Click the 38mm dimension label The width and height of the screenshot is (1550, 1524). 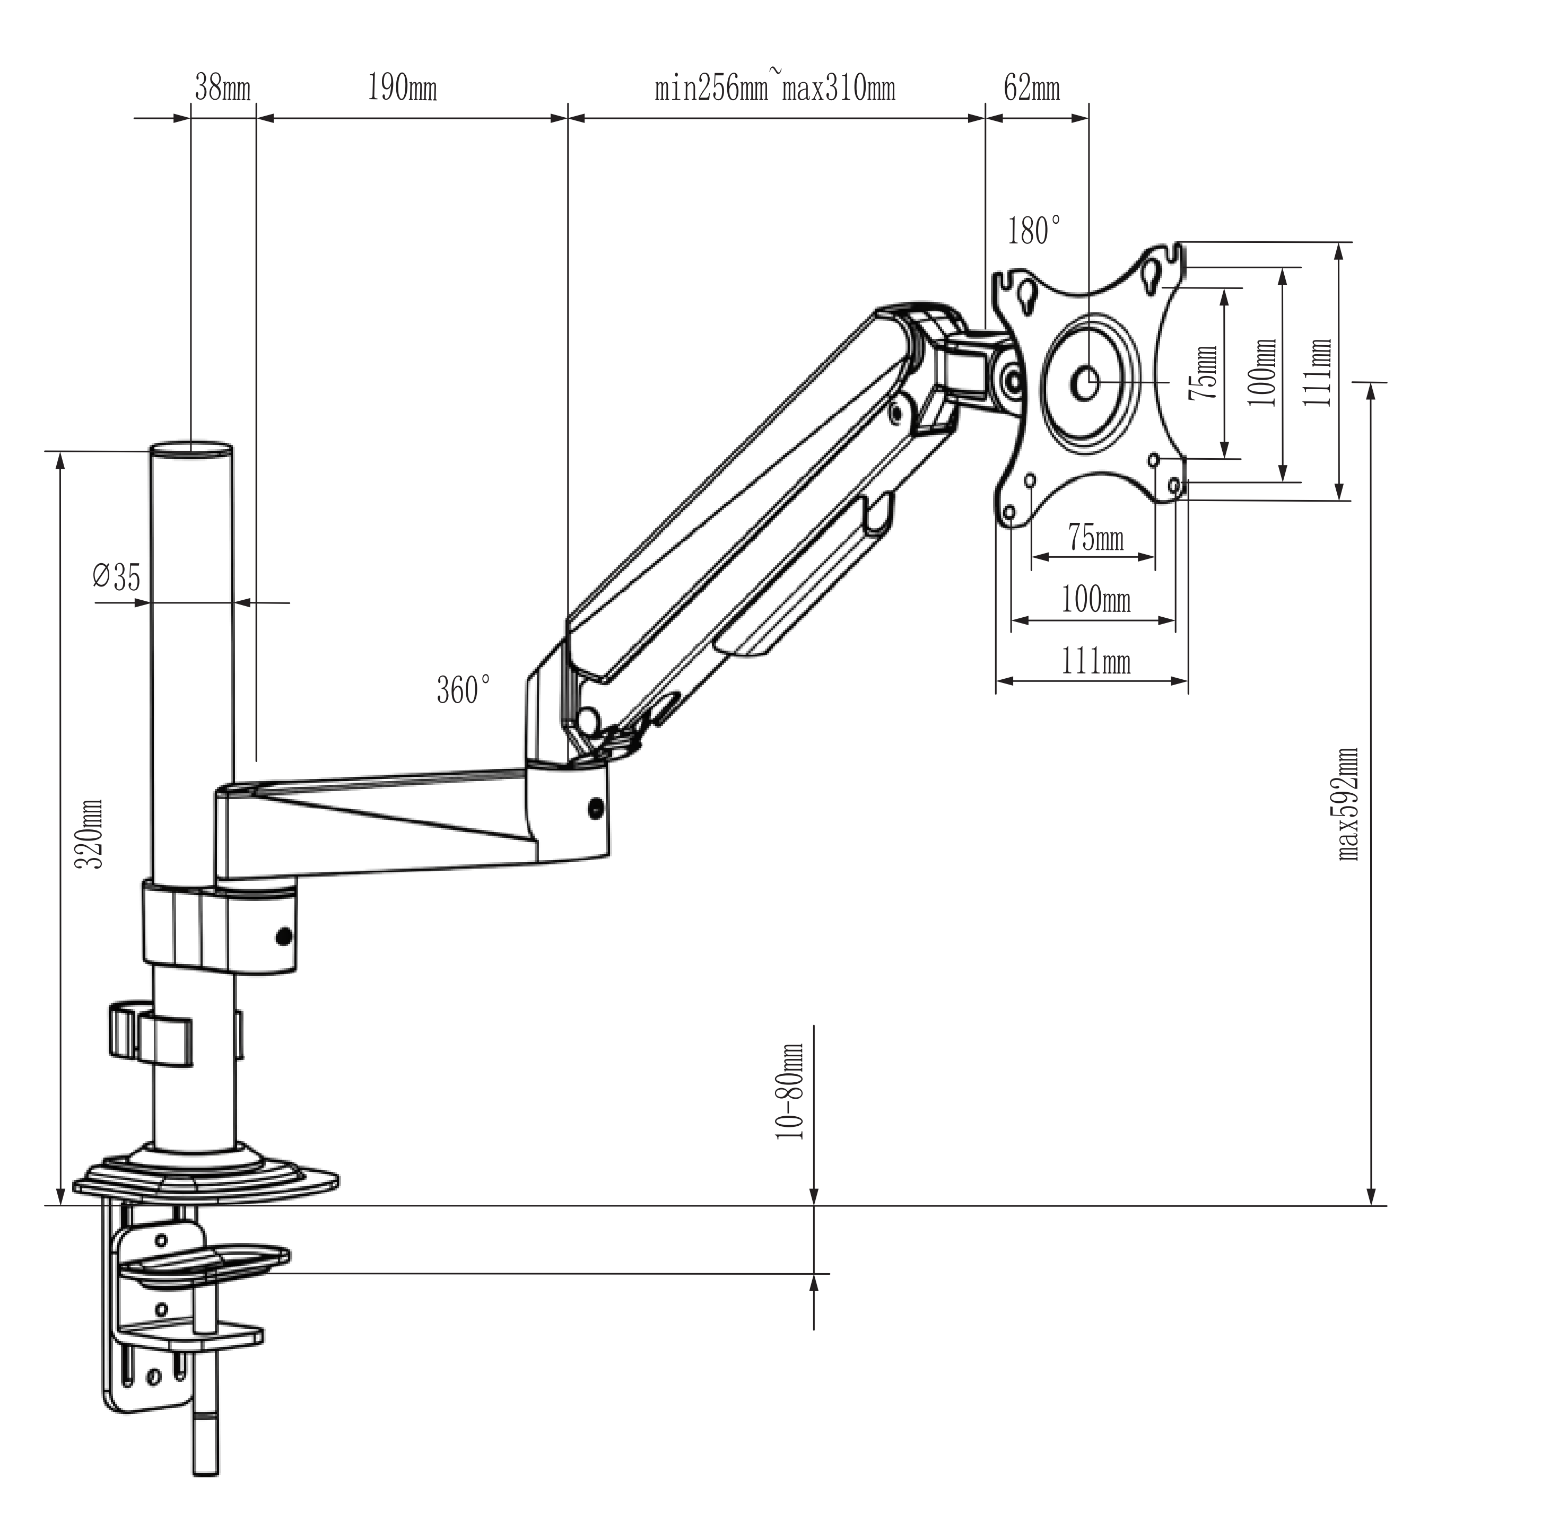click(x=222, y=88)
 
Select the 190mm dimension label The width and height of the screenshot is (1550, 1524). click(x=402, y=88)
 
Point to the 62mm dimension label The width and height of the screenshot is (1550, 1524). click(x=1031, y=88)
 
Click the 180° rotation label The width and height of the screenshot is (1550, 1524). click(x=1034, y=231)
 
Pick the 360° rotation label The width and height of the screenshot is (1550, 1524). click(x=463, y=690)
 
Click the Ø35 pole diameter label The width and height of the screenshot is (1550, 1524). click(x=116, y=576)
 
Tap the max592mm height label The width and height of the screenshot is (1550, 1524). click(x=1348, y=803)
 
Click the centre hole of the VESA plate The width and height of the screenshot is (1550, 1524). click(x=1086, y=383)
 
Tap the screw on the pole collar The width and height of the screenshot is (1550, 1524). click(x=283, y=935)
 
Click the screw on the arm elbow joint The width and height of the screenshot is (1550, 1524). click(x=595, y=809)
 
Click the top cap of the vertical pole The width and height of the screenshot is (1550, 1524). click(x=192, y=449)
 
